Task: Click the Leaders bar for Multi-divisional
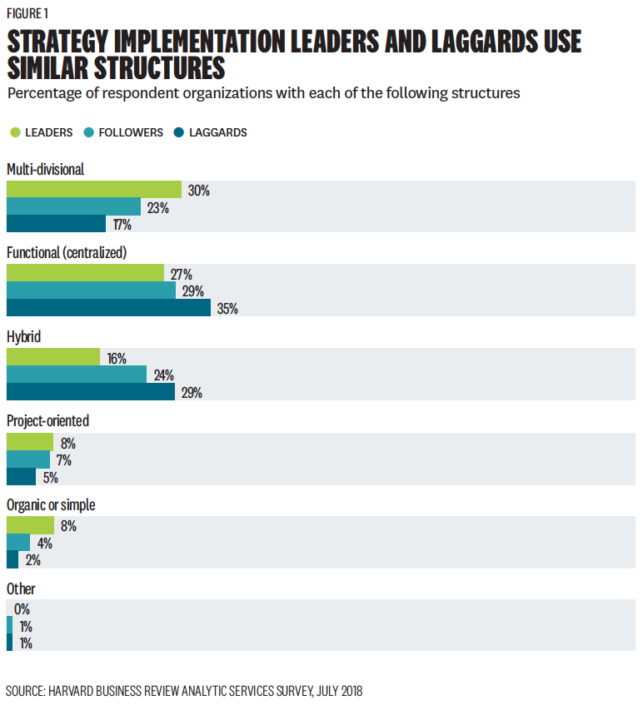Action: click(x=93, y=190)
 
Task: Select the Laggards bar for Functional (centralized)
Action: click(x=108, y=308)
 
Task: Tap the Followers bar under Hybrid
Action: click(x=76, y=375)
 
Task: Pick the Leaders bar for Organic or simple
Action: click(x=30, y=525)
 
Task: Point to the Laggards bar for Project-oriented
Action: click(x=21, y=477)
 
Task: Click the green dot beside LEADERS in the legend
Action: click(x=15, y=132)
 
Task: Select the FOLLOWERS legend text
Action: click(x=131, y=132)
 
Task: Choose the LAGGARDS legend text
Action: click(x=218, y=132)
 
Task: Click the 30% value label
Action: click(x=198, y=191)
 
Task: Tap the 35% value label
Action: click(x=227, y=309)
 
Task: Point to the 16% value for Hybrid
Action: click(x=116, y=359)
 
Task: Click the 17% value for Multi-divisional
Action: click(x=122, y=225)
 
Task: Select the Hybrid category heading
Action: click(x=24, y=337)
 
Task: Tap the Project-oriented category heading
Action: click(x=47, y=420)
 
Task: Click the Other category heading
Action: click(x=21, y=588)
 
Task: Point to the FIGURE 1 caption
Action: click(x=28, y=12)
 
